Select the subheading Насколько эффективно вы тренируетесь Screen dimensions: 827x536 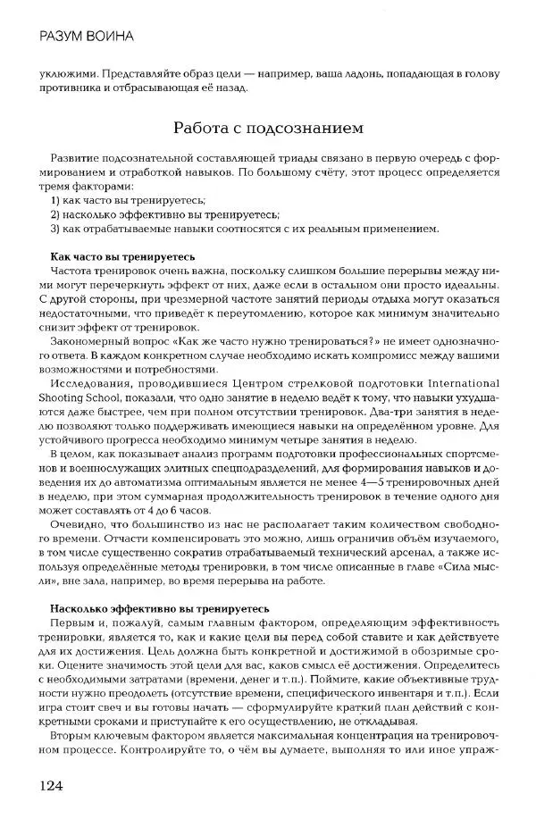(x=154, y=607)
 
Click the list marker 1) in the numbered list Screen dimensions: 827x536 (x=56, y=200)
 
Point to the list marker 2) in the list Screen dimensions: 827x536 (x=56, y=214)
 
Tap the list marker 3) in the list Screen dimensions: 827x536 (x=56, y=229)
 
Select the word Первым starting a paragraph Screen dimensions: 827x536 (x=74, y=622)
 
